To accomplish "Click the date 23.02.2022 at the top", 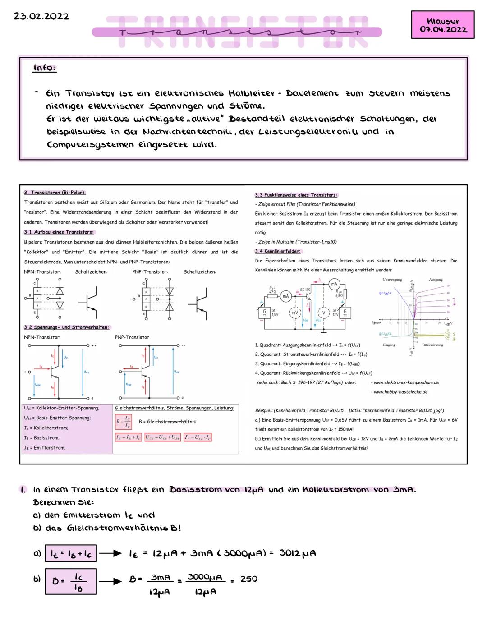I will [41, 16].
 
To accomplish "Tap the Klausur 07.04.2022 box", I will [442, 25].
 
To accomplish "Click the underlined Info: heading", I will [45, 68].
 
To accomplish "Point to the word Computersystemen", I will [90, 145].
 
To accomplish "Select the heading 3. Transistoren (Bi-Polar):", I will [55, 193].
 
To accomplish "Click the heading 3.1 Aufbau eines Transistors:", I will [59, 232].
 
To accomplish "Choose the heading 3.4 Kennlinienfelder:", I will [278, 251].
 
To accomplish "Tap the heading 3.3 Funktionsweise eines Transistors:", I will [296, 195].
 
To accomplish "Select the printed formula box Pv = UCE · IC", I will [198, 437].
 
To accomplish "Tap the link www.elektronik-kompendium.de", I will [406, 382].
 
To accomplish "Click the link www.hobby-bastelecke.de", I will [400, 392].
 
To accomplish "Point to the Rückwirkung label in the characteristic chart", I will [432, 345].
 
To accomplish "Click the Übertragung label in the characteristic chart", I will [392, 280].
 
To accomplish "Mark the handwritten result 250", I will [249, 579].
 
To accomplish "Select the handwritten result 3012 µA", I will [297, 553].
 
